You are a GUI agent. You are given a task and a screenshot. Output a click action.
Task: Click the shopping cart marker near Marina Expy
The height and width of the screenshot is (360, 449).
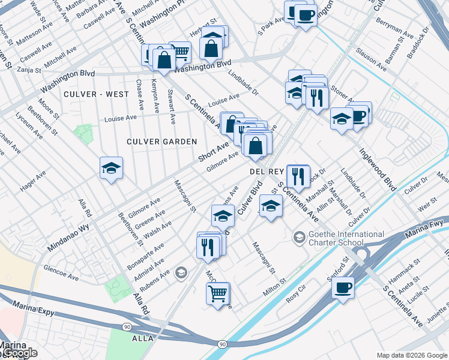[218, 293]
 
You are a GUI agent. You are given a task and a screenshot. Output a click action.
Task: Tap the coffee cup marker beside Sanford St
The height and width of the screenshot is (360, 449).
[343, 287]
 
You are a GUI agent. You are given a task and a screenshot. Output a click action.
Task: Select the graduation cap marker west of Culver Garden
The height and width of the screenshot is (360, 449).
[111, 169]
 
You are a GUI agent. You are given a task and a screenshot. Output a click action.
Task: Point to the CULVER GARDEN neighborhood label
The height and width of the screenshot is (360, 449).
[161, 142]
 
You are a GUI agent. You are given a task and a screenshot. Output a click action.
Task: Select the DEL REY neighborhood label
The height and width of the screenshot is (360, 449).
[266, 172]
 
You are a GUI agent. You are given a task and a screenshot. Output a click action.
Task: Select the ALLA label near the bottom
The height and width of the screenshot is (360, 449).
[143, 339]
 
